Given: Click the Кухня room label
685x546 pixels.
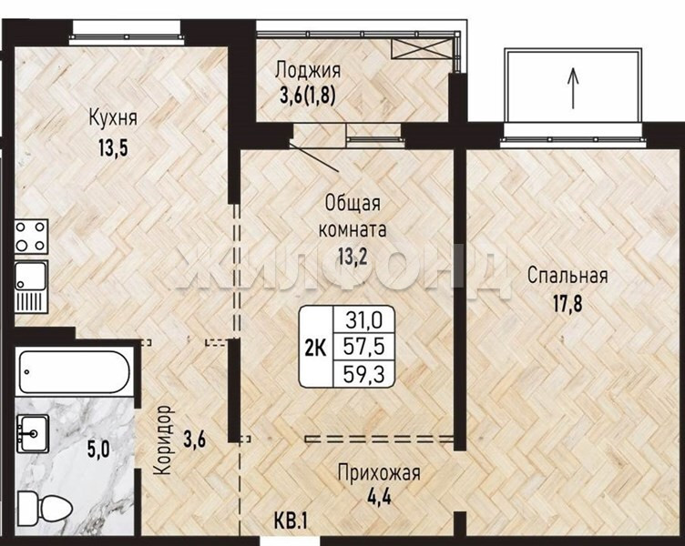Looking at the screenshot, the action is click(113, 117).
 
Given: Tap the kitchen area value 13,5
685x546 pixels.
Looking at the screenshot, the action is click(113, 147).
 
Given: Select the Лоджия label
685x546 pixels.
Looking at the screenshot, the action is click(308, 70).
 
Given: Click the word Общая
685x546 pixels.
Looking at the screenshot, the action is click(353, 204).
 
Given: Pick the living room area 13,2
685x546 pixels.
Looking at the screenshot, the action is click(353, 257).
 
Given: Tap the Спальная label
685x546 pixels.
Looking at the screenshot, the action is click(567, 276).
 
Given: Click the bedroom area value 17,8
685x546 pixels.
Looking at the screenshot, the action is click(567, 304).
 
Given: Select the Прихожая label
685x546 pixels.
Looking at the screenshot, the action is click(379, 473).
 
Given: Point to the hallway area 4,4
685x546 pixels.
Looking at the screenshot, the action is click(379, 497).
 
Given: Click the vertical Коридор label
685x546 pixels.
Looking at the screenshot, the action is click(163, 440).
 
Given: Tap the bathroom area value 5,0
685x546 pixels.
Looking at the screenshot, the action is click(98, 450).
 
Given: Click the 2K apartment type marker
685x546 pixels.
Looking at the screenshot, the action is click(315, 349).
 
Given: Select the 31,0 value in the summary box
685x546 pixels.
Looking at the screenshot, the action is click(364, 321).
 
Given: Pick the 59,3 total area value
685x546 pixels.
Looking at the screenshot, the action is click(364, 375).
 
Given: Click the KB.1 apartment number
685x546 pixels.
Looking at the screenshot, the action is click(291, 521).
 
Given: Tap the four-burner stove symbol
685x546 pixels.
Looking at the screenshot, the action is click(31, 236).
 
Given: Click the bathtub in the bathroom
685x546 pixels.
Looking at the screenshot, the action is click(75, 372).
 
